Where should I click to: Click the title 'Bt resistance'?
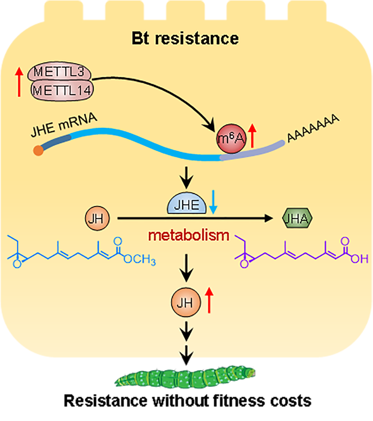pos(185,38)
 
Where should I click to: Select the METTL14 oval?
pos(61,90)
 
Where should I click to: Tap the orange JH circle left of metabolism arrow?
pos(94,219)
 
